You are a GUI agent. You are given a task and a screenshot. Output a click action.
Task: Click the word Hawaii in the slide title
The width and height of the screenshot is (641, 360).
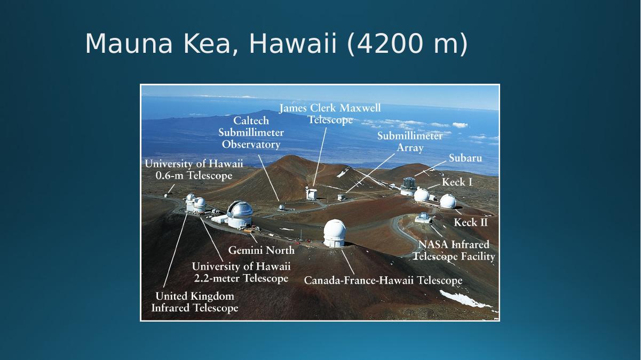pos(292,43)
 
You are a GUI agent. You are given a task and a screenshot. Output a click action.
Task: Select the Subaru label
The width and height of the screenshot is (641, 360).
pos(465,158)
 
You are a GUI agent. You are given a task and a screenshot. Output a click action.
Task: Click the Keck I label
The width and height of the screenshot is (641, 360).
pos(457,182)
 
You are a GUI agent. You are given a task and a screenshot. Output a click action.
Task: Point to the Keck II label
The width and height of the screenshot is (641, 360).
pos(471,222)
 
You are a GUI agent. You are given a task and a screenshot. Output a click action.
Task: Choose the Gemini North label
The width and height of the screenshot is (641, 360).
pos(262,250)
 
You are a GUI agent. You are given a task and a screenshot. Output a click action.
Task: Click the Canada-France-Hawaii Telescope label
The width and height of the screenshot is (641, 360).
pos(383,280)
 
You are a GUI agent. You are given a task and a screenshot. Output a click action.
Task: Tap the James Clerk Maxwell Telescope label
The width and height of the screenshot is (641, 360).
pos(330,114)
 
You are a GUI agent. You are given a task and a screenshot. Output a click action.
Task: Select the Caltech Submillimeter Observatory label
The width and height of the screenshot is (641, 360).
pos(251,132)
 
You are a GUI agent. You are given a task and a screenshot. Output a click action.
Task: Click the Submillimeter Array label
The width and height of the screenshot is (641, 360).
pos(410,142)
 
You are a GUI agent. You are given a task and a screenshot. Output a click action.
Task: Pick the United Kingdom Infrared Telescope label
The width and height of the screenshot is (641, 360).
pos(195,302)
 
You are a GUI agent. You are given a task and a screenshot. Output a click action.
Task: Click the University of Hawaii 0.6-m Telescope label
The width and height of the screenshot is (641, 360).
pos(194,170)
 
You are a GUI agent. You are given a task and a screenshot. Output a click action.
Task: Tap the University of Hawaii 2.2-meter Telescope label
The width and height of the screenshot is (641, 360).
pos(241,272)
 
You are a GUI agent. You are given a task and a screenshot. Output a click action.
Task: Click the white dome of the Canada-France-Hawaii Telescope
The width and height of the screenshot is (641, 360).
pos(335,230)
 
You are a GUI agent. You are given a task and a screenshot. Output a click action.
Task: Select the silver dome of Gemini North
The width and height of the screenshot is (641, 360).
pos(240,209)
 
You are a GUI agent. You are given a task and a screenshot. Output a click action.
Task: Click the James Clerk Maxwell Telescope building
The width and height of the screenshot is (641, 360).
pos(311,194)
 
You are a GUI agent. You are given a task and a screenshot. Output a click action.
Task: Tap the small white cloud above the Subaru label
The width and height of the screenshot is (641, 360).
pos(460,125)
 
